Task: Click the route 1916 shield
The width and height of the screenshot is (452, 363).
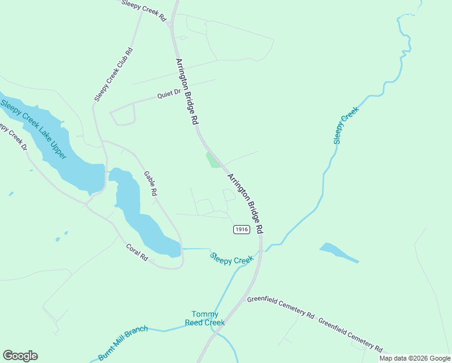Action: [x=241, y=229]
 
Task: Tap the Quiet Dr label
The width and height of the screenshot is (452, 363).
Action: [x=169, y=94]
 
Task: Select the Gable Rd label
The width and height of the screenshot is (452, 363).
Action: [x=150, y=183]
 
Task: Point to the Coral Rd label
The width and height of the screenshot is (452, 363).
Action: [x=137, y=252]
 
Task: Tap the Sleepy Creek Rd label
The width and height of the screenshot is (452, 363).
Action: [x=143, y=11]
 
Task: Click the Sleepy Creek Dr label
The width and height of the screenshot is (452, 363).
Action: [x=13, y=138]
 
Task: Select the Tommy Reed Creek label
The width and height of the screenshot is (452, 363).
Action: [x=208, y=318]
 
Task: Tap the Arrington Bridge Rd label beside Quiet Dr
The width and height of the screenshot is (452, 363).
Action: [x=187, y=91]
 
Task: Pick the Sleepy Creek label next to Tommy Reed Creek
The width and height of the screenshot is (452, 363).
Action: [x=232, y=258]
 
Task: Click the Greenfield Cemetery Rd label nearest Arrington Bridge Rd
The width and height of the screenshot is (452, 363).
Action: [x=280, y=308]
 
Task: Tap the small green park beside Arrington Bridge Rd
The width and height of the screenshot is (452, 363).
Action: [x=212, y=160]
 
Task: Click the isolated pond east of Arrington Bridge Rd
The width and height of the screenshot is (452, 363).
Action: [x=337, y=252]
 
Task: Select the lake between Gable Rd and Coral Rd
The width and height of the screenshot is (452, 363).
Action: [x=139, y=215]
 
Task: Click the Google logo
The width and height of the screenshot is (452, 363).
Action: [x=20, y=356]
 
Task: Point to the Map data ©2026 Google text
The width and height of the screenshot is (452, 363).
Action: [x=414, y=358]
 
